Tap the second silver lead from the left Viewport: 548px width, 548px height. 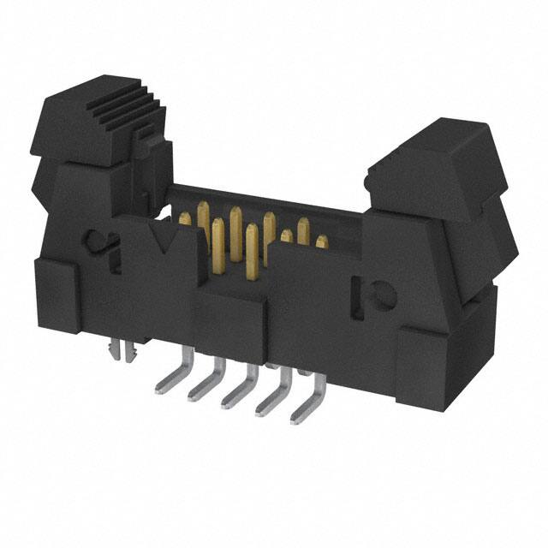200,381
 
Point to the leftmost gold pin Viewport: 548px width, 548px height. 184,220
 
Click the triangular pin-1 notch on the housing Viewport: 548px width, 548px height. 159,236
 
